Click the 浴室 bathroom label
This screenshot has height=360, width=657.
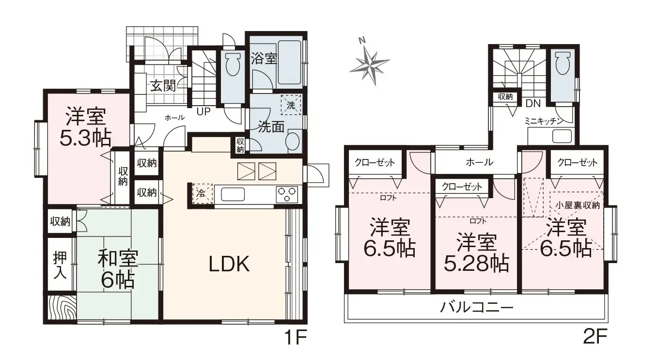pyautogui.click(x=264, y=59)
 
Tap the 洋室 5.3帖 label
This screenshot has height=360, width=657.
pyautogui.click(x=86, y=127)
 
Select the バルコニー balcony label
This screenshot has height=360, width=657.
pyautogui.click(x=477, y=307)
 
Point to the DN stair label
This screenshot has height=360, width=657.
pyautogui.click(x=533, y=103)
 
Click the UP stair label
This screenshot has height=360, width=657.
pyautogui.click(x=203, y=111)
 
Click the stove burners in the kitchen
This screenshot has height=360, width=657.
pyautogui.click(x=287, y=194)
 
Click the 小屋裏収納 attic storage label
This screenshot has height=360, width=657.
pyautogui.click(x=578, y=205)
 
